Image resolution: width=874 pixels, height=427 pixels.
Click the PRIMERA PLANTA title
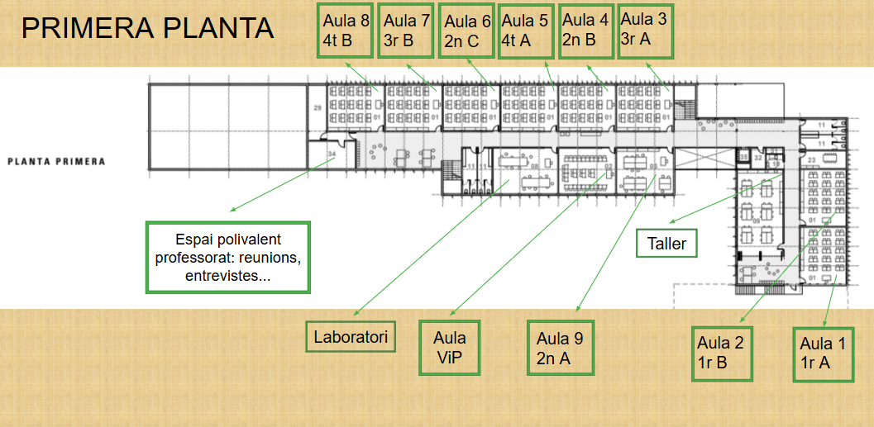coord(147,28)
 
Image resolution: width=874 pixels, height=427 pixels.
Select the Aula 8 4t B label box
coord(345,31)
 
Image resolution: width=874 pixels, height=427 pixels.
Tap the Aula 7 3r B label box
coord(406,31)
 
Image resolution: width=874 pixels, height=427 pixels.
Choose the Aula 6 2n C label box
coord(467,31)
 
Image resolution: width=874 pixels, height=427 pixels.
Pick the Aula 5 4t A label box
coord(526,31)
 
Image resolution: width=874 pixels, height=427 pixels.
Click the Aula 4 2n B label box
coord(585,30)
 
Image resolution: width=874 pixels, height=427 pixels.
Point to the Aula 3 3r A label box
coord(645,30)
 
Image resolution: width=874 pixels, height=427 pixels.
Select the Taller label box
coord(666,244)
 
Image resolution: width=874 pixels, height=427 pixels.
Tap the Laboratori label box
coord(351,336)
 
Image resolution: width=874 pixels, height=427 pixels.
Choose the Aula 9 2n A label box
coord(560,348)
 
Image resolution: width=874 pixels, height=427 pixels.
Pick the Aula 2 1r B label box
coord(722,353)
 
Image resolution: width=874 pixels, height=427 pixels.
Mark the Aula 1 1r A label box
coord(823,354)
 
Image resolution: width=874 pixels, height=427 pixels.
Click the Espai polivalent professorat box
coord(228,257)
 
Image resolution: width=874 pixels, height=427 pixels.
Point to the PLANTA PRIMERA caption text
coord(56,161)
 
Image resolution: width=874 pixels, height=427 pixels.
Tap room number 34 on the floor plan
coord(332,154)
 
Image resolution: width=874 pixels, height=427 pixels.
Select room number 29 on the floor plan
coord(317,109)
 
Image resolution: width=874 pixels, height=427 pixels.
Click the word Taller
coord(666,244)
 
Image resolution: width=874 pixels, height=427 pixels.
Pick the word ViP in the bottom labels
coord(450,357)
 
